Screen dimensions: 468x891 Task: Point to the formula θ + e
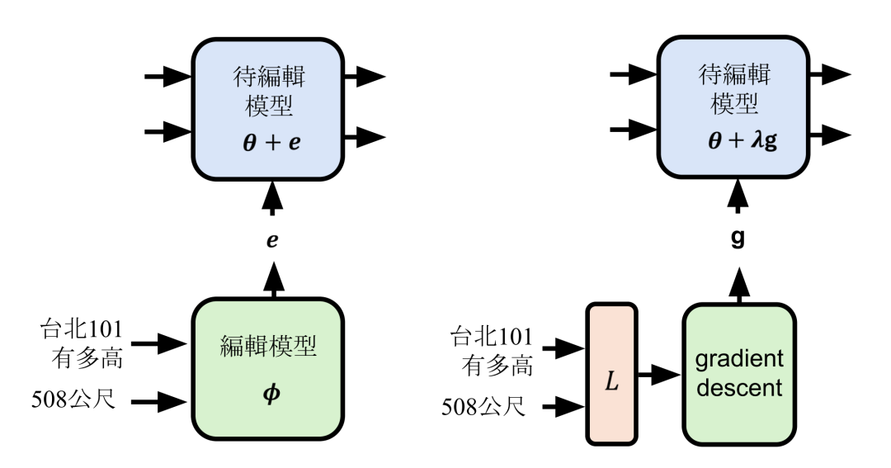tap(271, 143)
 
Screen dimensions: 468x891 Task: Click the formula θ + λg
tap(739, 143)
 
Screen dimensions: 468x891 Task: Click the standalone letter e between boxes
tap(271, 239)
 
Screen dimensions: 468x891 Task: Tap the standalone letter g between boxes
tap(739, 239)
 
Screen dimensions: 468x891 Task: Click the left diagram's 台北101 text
tap(82, 329)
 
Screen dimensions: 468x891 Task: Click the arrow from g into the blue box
tap(739, 197)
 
